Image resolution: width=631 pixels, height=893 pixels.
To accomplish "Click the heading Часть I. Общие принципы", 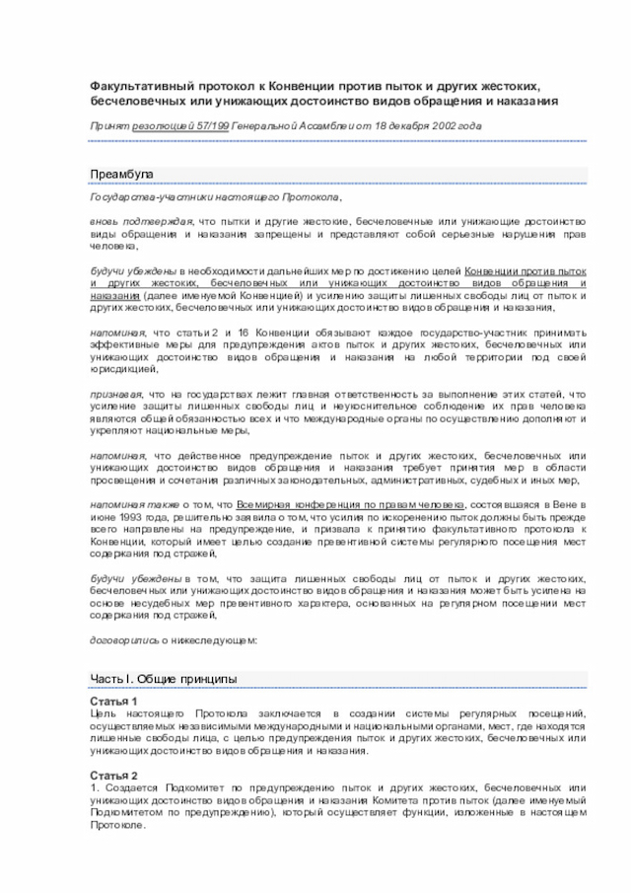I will point(163,679).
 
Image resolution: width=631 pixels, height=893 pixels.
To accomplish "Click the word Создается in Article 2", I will point(129,787).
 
